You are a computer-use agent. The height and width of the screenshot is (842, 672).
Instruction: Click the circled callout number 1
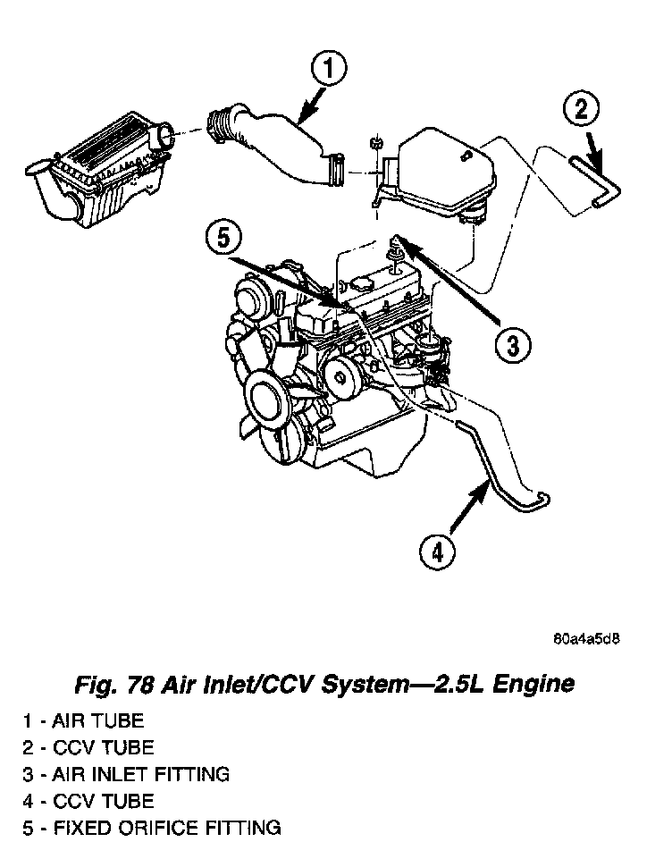click(x=328, y=68)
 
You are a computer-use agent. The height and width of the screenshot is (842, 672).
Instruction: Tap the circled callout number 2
click(x=581, y=111)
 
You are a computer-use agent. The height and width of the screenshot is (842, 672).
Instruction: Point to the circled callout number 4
click(x=436, y=552)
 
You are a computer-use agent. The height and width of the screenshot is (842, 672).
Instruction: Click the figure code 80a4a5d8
click(x=586, y=639)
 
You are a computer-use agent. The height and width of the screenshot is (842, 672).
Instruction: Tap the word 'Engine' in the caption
click(x=530, y=686)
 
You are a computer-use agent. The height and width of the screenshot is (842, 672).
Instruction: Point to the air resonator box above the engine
click(x=438, y=170)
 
